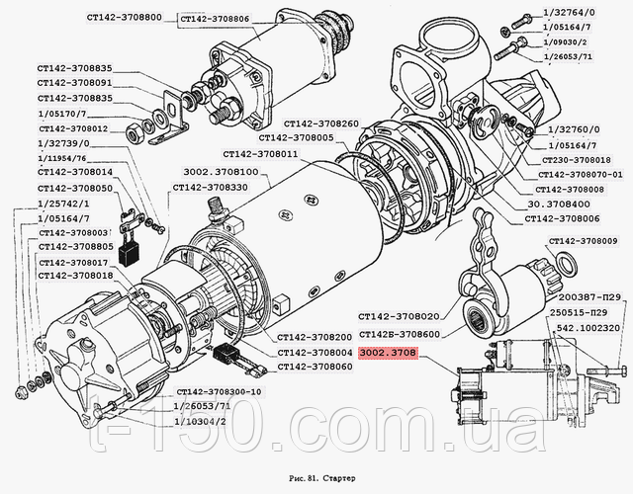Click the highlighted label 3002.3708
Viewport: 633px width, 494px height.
click(389, 353)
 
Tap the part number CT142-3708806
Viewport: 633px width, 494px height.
click(216, 19)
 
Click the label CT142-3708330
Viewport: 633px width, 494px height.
click(211, 187)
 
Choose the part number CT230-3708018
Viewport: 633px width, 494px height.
click(577, 159)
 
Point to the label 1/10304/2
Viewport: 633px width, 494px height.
click(201, 421)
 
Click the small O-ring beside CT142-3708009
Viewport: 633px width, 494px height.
click(569, 264)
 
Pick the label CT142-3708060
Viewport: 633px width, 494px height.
click(315, 367)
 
